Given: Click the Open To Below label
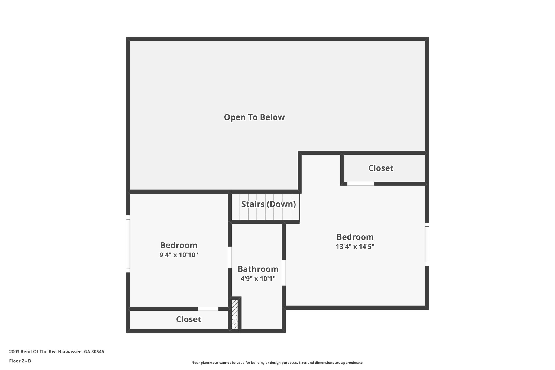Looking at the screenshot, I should [254, 117].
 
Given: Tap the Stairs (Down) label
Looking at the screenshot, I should [268, 204].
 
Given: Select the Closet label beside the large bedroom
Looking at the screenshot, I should [380, 168].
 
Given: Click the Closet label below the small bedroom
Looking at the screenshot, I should [188, 319].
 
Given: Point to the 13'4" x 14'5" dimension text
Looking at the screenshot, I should [355, 247].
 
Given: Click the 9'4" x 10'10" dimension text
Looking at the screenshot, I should [179, 255].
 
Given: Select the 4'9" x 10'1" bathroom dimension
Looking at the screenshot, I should [258, 279].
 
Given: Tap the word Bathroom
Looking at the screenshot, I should [258, 269].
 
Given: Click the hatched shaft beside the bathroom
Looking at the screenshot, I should [235, 314].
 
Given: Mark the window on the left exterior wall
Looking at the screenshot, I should [128, 244].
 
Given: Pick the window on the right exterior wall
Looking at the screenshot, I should [427, 244].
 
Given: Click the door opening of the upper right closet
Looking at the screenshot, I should [360, 184].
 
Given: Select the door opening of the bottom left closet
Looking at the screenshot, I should [208, 309].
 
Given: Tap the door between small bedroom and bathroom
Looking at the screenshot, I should [230, 257].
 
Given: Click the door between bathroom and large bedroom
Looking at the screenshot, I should [284, 272].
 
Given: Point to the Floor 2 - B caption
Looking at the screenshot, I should [20, 361].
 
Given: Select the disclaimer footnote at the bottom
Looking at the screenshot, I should [277, 363].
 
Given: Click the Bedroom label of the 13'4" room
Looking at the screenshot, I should [355, 237].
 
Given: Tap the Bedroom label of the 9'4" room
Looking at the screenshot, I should [179, 245].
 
